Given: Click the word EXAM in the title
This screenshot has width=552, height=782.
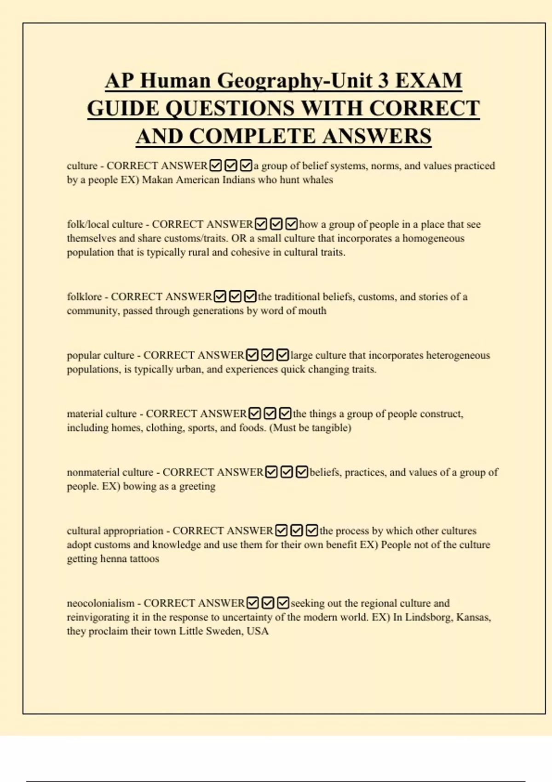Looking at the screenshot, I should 428,81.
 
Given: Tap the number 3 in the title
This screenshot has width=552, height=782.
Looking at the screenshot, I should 383,81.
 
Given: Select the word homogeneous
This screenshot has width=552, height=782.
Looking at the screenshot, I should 433,238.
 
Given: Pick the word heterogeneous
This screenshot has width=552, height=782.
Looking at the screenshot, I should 458,355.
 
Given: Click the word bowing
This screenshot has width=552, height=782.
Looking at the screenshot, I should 139,487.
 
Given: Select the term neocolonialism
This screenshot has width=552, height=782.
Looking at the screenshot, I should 100,603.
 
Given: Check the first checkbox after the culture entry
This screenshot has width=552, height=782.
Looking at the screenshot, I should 215,165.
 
